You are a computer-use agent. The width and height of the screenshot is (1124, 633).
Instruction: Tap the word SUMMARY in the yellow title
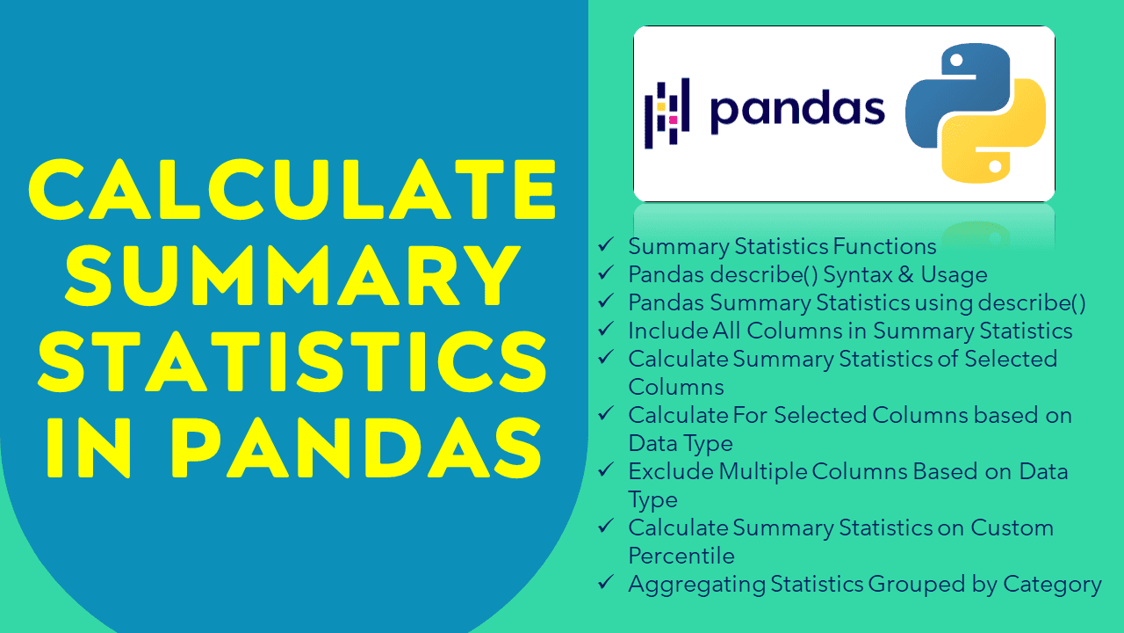[x=293, y=276]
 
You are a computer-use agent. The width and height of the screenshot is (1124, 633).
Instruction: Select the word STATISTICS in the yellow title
[x=293, y=362]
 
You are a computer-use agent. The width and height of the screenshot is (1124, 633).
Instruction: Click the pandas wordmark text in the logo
[x=796, y=111]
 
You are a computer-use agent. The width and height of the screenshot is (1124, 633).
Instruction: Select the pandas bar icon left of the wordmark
[x=667, y=112]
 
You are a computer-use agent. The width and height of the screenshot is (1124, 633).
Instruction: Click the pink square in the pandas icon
[x=673, y=120]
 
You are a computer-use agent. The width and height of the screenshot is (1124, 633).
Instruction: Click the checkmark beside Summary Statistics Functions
[x=605, y=245]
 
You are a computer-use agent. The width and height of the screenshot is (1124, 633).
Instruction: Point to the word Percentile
[x=681, y=556]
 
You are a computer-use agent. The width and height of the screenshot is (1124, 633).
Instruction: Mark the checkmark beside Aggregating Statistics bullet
[x=605, y=583]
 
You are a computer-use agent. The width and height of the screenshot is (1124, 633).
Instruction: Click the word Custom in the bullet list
[x=1012, y=527]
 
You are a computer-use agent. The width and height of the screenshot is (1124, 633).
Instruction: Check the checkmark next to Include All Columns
[x=605, y=330]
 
